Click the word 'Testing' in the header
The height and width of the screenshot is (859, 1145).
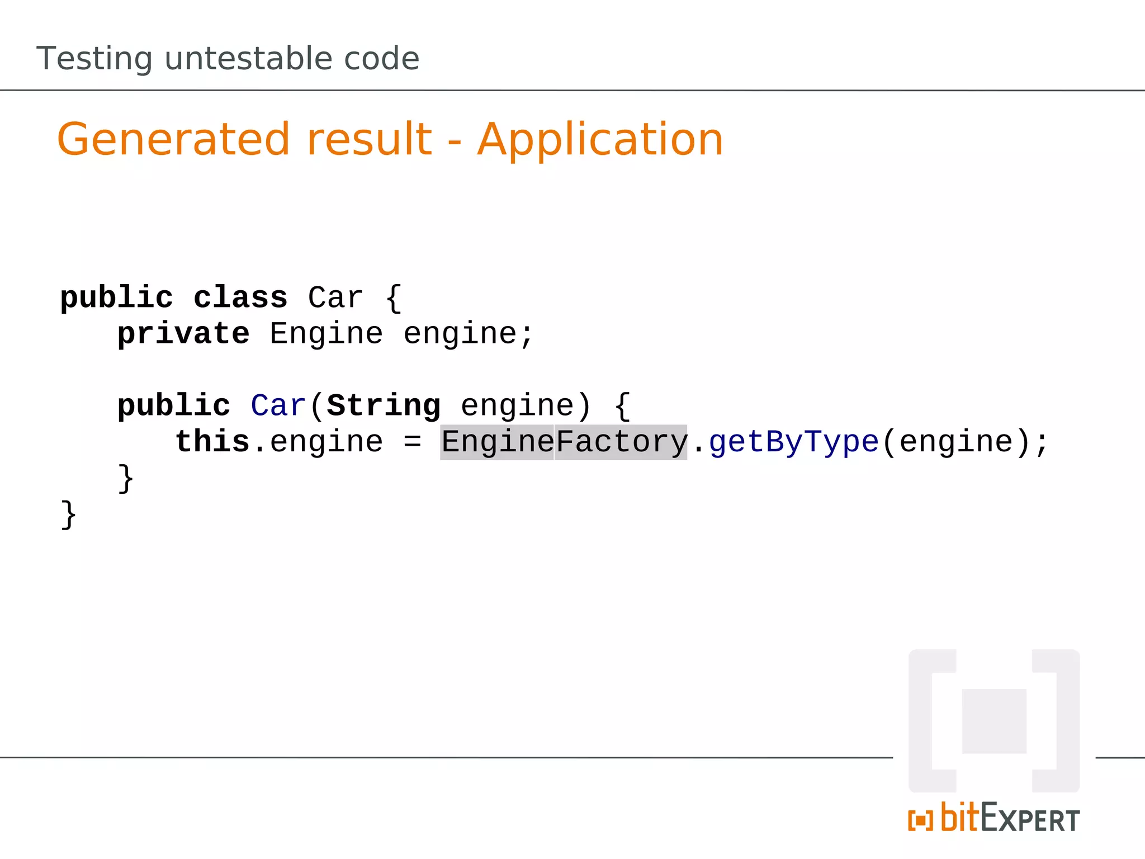point(94,59)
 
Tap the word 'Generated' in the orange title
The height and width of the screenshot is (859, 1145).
point(173,139)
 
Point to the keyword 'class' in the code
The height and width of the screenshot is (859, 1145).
point(240,298)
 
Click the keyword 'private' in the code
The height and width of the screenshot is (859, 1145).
point(183,334)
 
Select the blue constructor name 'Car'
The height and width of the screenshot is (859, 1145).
point(278,405)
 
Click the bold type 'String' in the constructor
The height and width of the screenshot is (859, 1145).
point(384,405)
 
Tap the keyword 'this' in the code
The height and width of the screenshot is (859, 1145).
point(212,442)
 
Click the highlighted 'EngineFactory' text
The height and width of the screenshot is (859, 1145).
point(564,442)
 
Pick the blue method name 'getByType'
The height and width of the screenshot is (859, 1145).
point(794,442)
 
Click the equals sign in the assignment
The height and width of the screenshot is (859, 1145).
point(412,442)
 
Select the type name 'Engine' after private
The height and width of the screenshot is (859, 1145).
point(327,334)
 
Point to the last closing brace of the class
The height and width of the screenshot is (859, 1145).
point(68,515)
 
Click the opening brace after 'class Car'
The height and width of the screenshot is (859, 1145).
point(394,298)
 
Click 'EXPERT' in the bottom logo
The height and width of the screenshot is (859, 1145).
point(1030,820)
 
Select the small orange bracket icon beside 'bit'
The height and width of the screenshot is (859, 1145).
point(920,821)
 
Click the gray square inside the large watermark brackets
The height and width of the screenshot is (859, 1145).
point(994,721)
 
